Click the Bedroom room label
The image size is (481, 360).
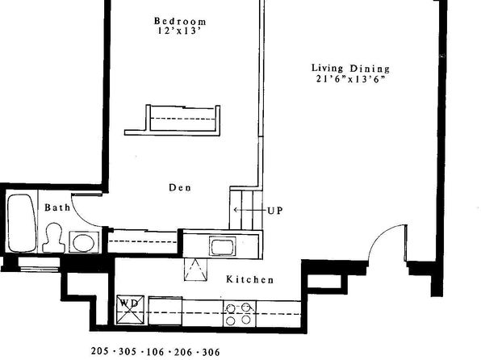[180, 21]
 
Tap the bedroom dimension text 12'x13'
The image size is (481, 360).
[179, 31]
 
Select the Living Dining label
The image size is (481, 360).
[350, 69]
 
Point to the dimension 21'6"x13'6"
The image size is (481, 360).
[350, 79]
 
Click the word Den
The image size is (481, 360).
[180, 187]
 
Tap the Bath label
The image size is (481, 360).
[57, 207]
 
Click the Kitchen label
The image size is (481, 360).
[249, 279]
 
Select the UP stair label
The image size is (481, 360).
[275, 211]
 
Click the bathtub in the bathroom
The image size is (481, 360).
[22, 223]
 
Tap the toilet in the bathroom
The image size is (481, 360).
[54, 238]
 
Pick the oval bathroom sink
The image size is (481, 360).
[84, 242]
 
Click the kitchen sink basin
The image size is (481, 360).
[223, 246]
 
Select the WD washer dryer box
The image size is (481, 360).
[131, 310]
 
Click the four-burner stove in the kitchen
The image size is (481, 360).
[239, 314]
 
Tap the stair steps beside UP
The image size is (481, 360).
[246, 210]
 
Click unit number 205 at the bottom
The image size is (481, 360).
[100, 351]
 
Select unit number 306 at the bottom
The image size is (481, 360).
[211, 352]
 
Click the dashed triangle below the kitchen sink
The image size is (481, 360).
[195, 270]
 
